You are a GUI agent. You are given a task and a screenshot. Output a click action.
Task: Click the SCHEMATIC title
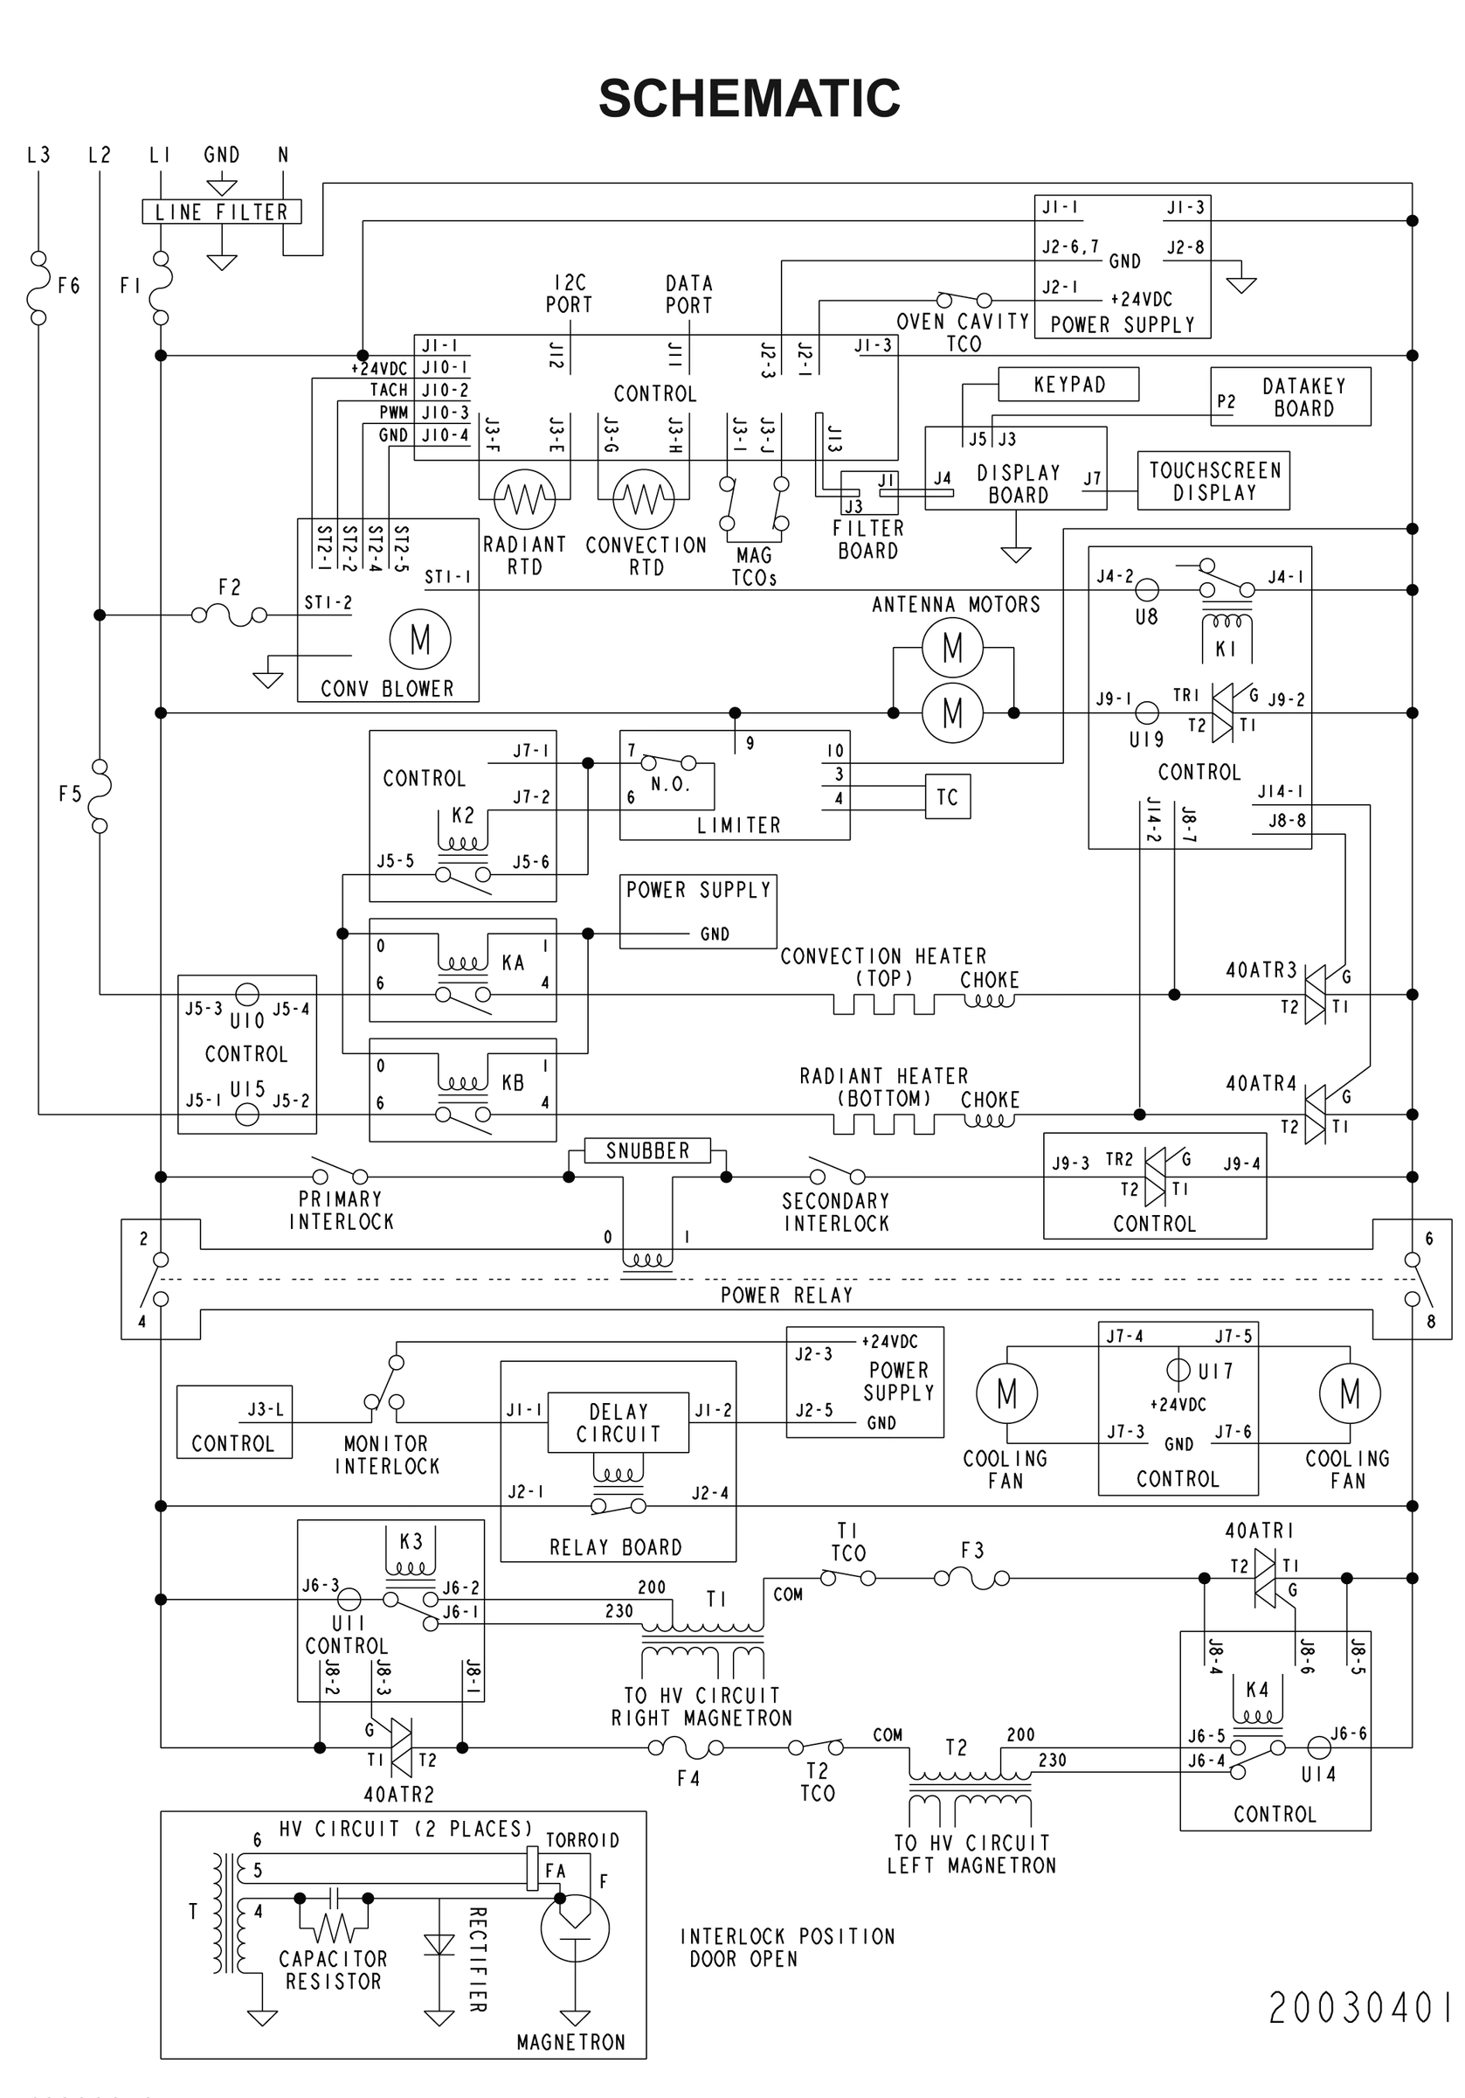coord(749,99)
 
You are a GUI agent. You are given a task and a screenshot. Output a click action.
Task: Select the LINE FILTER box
coord(222,212)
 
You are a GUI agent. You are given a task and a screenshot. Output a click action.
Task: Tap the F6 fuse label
coord(68,286)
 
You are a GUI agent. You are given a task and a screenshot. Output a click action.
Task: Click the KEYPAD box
coord(1068,385)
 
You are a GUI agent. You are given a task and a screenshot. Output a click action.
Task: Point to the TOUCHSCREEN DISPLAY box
coord(1213,481)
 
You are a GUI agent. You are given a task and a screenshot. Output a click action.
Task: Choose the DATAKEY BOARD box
coord(1289,397)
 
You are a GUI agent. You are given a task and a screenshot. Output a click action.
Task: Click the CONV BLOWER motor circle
coord(420,640)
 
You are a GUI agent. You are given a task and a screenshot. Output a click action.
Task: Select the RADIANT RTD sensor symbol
coord(524,499)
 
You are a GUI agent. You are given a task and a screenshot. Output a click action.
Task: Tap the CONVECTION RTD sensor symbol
coord(644,499)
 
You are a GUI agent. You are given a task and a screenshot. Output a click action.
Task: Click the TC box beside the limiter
coord(947,796)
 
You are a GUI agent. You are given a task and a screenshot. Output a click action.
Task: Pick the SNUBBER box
coord(647,1150)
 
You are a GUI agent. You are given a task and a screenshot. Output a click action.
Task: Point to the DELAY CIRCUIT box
coord(618,1423)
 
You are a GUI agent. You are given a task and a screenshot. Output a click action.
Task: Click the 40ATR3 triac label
coord(1261,970)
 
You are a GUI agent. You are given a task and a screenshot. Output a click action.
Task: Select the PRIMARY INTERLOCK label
coord(341,1210)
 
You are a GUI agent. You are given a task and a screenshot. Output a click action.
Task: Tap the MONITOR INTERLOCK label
coord(386,1455)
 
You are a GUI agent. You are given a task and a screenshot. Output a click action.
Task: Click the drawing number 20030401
coord(1360,2009)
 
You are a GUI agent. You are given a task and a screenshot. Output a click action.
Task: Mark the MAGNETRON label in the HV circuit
coord(570,2042)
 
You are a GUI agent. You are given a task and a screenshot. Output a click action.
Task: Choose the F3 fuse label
coord(972,1551)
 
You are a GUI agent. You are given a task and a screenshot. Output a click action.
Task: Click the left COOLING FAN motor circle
coord(1006,1393)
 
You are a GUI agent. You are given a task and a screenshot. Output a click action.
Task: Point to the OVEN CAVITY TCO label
coord(964,332)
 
